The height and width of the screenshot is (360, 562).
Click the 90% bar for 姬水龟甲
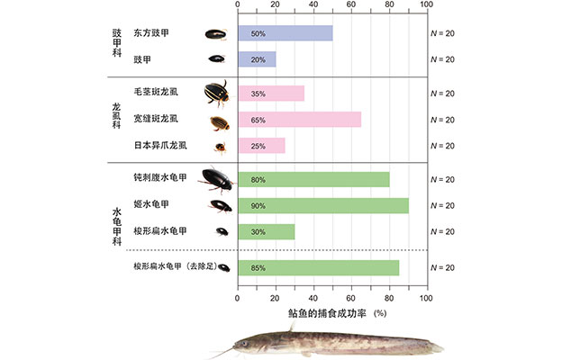click(322, 205)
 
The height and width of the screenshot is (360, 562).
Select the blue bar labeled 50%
click(285, 33)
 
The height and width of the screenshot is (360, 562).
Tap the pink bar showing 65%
click(299, 119)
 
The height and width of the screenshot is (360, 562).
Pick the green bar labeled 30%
click(266, 231)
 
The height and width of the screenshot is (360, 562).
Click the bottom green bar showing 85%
click(318, 267)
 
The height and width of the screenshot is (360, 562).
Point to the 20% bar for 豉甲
click(256, 59)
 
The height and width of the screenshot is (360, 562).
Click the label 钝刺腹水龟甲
click(159, 179)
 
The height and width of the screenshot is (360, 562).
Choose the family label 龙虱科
click(116, 119)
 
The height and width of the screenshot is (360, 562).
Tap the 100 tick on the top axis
click(427, 6)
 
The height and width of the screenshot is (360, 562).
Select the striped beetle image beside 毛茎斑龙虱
click(216, 93)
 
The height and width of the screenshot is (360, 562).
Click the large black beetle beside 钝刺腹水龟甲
click(216, 178)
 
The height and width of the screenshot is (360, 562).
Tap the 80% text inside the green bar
click(258, 180)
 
